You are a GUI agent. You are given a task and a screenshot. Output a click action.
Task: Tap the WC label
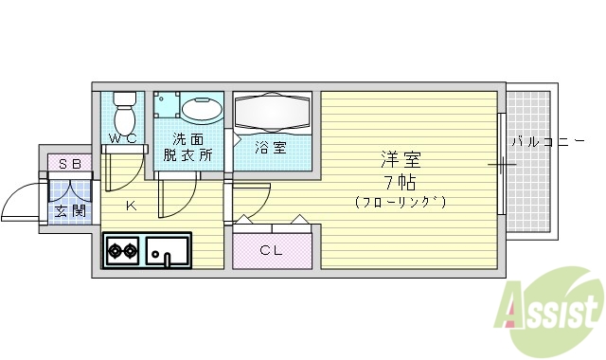123,139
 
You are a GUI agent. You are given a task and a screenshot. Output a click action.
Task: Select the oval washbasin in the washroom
199,110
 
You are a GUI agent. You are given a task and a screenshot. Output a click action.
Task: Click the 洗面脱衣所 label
187,148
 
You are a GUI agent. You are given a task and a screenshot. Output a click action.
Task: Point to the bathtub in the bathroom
273,114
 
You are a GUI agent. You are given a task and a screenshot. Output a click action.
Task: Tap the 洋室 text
401,159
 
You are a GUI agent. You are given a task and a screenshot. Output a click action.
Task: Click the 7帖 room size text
401,181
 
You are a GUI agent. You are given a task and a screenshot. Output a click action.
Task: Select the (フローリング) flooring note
401,202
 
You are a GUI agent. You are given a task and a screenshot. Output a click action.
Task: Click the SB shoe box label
69,163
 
